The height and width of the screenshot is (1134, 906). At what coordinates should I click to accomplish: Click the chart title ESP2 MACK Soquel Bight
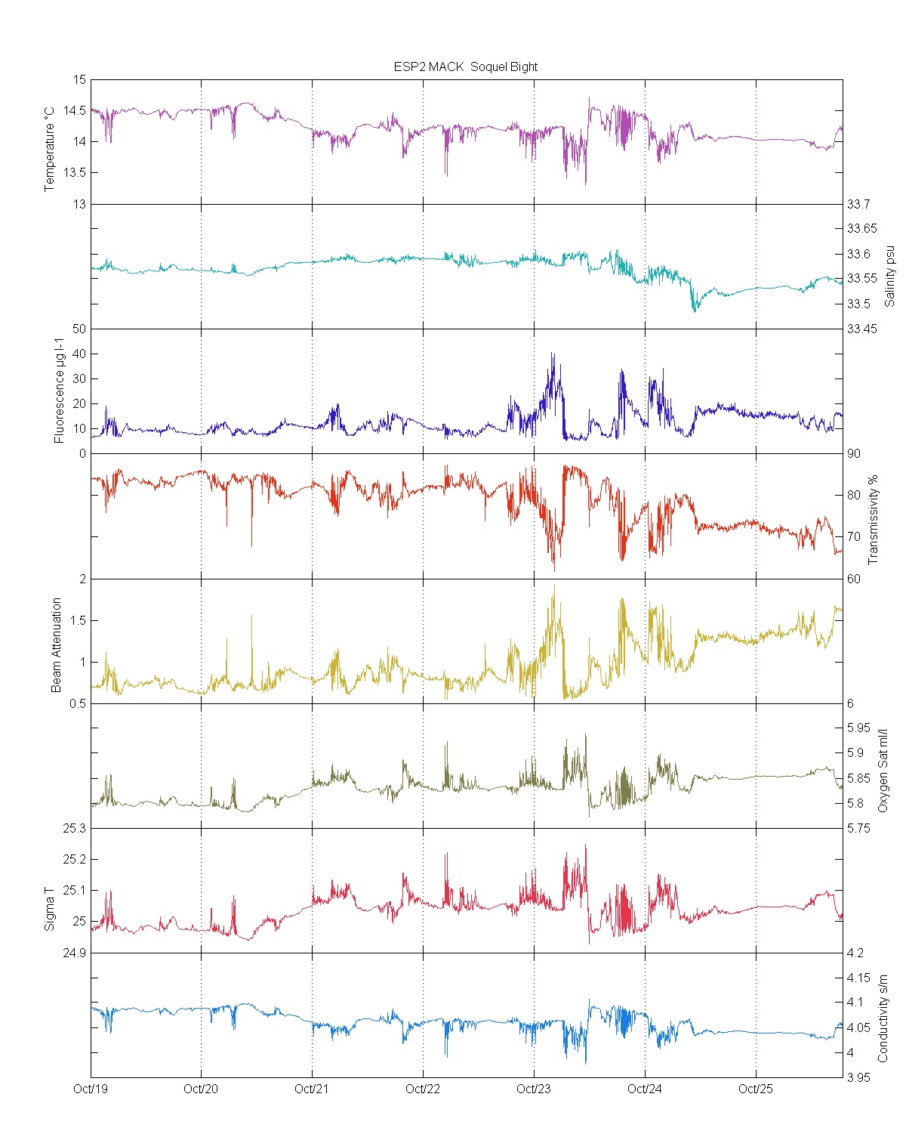pyautogui.click(x=465, y=66)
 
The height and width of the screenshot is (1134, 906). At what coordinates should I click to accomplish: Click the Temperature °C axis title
pyautogui.click(x=50, y=149)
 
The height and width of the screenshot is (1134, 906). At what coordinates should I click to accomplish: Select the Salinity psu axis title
pyautogui.click(x=889, y=275)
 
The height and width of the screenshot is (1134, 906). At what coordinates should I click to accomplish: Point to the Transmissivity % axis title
pyautogui.click(x=874, y=520)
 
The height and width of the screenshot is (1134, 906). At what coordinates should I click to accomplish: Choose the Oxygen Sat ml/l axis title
pyautogui.click(x=883, y=770)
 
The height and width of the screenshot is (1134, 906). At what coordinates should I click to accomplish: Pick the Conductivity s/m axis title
pyautogui.click(x=883, y=1018)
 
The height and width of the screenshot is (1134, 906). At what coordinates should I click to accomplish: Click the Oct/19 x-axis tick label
pyautogui.click(x=91, y=1089)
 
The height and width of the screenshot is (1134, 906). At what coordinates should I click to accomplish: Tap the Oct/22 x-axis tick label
pyautogui.click(x=423, y=1089)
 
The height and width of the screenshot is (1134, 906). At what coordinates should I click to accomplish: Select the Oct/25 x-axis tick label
pyautogui.click(x=756, y=1089)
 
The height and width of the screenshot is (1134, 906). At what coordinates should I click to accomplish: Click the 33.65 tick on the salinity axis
pyautogui.click(x=861, y=229)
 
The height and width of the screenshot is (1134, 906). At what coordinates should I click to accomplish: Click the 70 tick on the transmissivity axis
pyautogui.click(x=853, y=537)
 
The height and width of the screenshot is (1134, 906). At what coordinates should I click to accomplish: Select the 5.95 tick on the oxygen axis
pyautogui.click(x=858, y=728)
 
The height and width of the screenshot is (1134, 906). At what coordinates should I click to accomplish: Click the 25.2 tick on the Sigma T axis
pyautogui.click(x=74, y=860)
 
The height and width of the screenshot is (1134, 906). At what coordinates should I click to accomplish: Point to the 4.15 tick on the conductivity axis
pyautogui.click(x=858, y=978)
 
